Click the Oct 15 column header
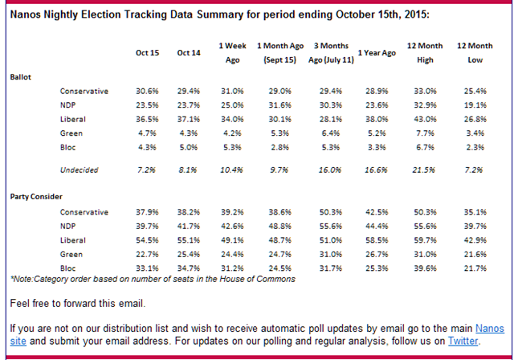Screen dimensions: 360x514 147,53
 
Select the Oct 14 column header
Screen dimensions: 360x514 189,53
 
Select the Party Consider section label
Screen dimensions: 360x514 35,196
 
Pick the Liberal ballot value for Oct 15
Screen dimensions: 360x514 148,120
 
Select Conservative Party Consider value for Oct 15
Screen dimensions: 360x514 148,211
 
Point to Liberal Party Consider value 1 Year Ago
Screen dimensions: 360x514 377,239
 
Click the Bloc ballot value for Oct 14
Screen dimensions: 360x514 190,148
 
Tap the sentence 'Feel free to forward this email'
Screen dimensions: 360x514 77,303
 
